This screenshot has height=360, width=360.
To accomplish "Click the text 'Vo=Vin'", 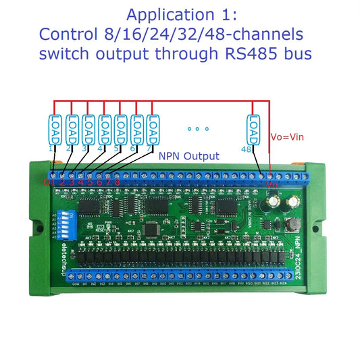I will (x=288, y=136).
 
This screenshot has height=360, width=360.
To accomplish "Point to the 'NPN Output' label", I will (x=189, y=156).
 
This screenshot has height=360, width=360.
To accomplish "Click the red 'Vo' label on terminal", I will (x=272, y=184).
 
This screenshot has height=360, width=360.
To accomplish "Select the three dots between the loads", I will (x=198, y=128).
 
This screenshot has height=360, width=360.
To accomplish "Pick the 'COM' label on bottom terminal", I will (x=76, y=284).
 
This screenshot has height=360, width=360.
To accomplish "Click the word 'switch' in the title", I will (x=64, y=55).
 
